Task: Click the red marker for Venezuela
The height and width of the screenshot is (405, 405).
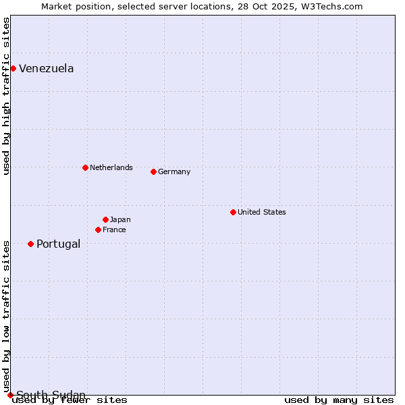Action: click(x=13, y=68)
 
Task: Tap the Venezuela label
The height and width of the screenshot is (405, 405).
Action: click(x=46, y=68)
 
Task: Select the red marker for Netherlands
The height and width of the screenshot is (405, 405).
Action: click(x=85, y=167)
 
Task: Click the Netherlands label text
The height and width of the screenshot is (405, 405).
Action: click(x=111, y=167)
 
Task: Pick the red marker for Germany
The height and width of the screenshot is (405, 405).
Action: click(x=153, y=171)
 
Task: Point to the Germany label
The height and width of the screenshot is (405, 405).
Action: click(x=174, y=171)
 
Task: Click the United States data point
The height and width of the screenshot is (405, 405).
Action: click(x=233, y=212)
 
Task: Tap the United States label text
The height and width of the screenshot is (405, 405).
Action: click(x=261, y=212)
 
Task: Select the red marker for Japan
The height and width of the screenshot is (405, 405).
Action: click(x=105, y=219)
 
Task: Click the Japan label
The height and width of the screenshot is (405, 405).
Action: click(x=120, y=219)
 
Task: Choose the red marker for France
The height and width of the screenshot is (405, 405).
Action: click(x=98, y=230)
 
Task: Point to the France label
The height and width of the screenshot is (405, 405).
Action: click(x=114, y=230)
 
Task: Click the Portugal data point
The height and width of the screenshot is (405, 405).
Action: click(x=30, y=244)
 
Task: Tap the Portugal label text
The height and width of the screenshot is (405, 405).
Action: click(x=58, y=244)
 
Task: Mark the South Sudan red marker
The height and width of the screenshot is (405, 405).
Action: click(x=10, y=395)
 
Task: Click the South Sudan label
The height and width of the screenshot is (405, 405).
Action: click(x=51, y=395)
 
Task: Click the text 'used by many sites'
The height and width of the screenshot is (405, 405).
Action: click(x=339, y=400)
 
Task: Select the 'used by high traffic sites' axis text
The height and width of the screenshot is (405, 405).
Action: click(x=6, y=96)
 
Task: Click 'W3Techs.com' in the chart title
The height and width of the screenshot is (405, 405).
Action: click(x=333, y=6)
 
